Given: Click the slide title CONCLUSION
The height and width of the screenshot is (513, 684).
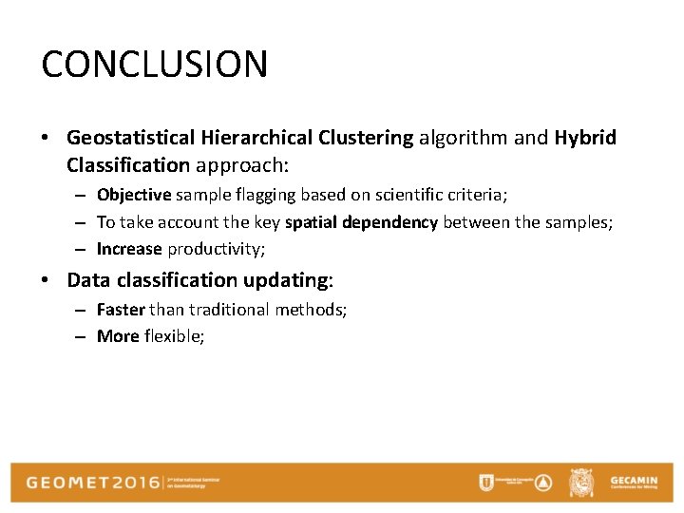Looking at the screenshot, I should tap(155, 65).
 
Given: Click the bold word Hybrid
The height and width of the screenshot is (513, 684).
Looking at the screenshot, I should tap(585, 138).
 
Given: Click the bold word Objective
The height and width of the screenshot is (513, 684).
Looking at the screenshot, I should tap(134, 195).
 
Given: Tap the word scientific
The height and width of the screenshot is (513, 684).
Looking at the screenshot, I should tap(411, 195).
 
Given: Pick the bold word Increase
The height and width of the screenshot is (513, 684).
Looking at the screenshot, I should tap(129, 250).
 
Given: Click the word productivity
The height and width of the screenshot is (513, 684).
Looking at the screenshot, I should tap(215, 250).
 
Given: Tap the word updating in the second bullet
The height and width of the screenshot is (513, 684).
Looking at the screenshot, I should tap(285, 280).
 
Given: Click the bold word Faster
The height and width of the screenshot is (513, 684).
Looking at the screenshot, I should tap(121, 310).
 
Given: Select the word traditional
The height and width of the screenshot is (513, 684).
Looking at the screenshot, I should tap(230, 310).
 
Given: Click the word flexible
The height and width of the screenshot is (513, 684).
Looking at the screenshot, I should tap(174, 336).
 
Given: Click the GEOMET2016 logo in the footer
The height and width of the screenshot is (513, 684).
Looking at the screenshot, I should tap(93, 482).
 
